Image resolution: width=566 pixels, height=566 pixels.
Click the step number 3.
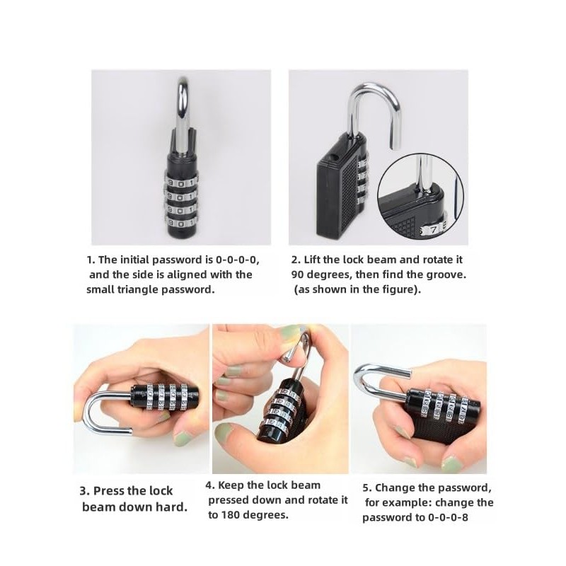pos(84,490)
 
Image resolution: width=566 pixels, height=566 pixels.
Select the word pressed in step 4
pos(228,500)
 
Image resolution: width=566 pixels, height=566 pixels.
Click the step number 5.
pos(366,487)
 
